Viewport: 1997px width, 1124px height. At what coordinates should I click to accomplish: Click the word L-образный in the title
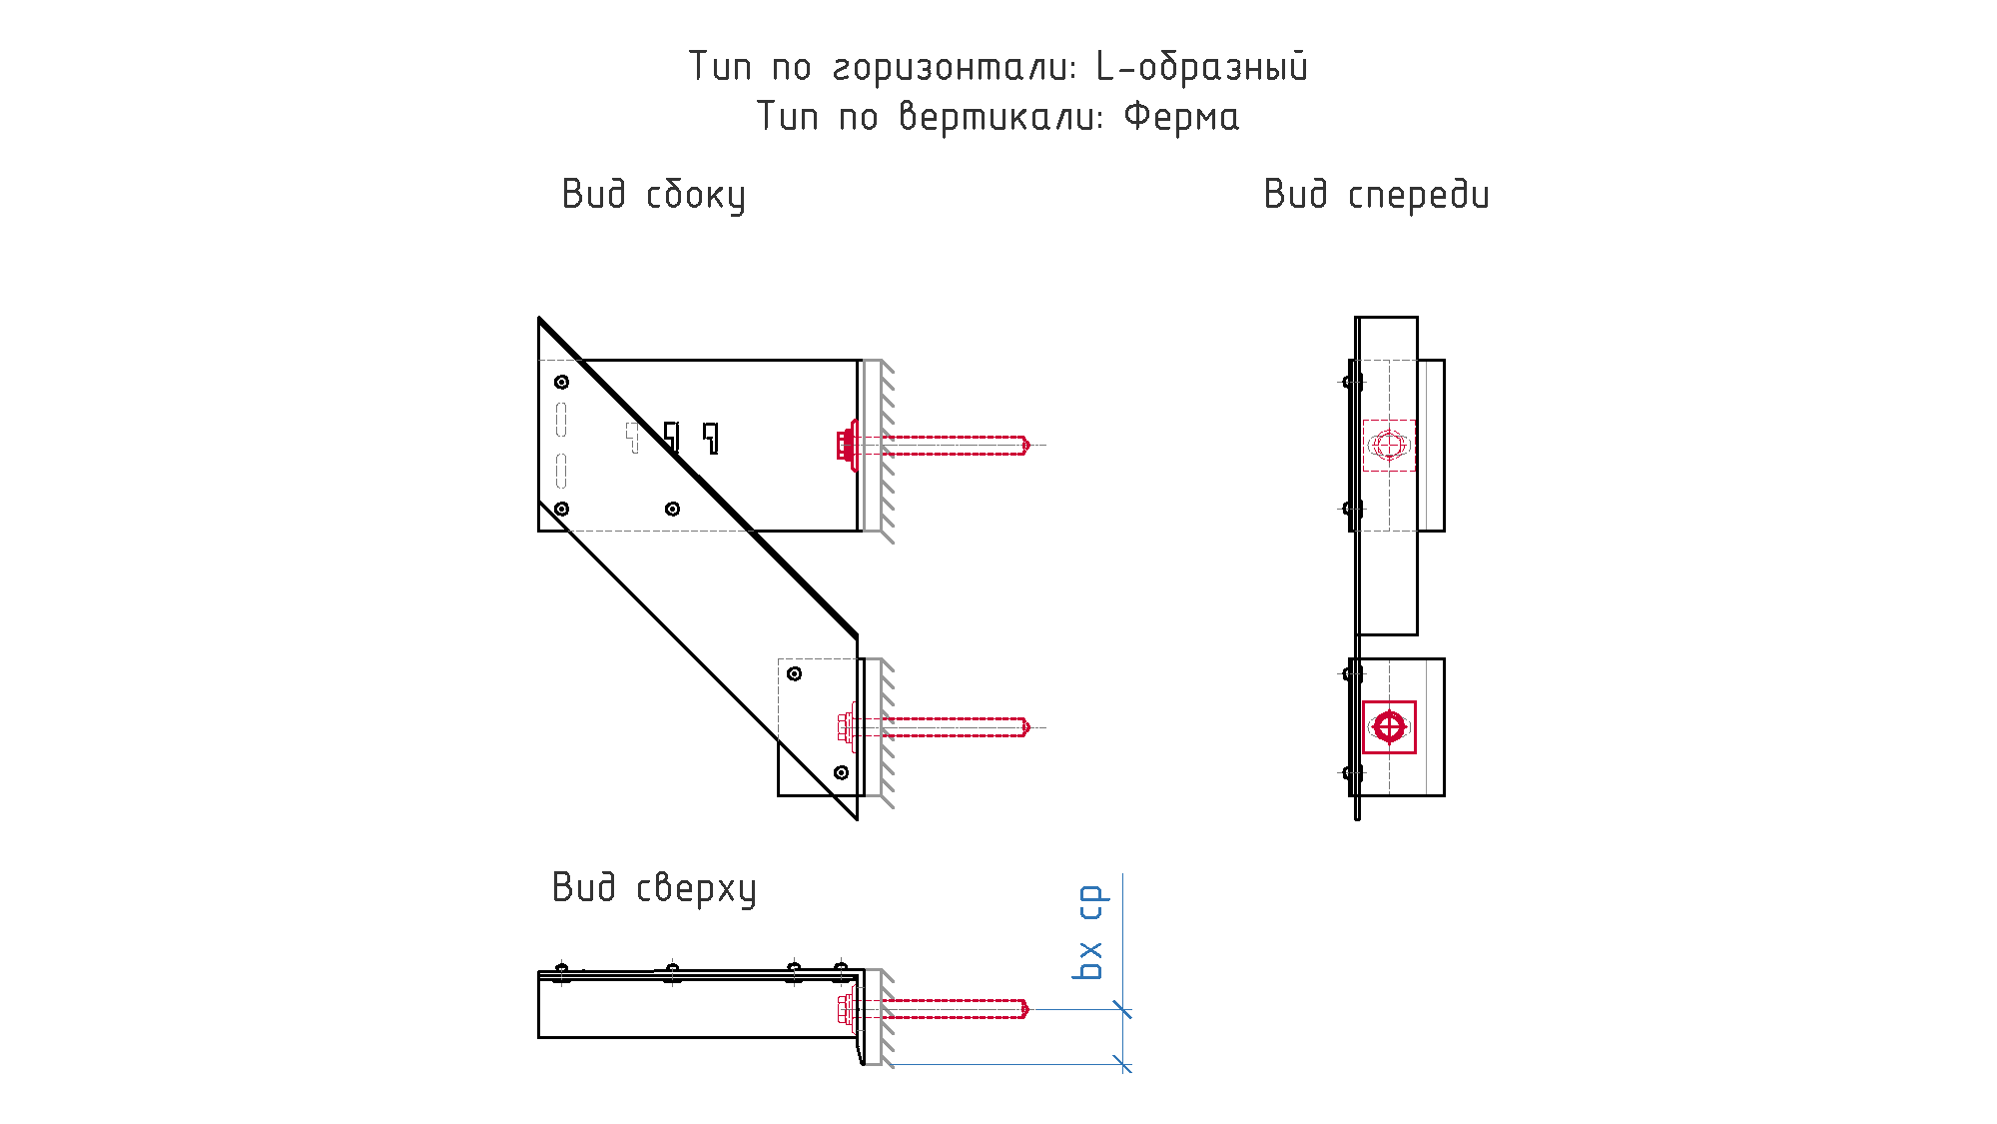coord(1202,67)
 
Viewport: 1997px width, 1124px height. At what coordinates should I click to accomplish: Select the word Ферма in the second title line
coord(1181,117)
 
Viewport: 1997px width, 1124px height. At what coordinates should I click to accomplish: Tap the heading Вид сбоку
coord(654,195)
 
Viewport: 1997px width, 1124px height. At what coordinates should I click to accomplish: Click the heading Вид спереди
coord(1377,195)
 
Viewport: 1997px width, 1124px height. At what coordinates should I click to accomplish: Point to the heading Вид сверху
coord(654,888)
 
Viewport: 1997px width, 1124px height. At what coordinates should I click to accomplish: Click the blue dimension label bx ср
coord(1089,932)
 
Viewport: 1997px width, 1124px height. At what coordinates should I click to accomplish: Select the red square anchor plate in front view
coord(1389,726)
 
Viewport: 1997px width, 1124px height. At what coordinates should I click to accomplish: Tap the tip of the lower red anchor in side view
coord(1028,727)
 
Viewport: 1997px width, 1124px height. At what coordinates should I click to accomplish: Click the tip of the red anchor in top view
coord(1028,1009)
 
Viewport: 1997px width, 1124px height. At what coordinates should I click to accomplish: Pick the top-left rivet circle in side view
coord(562,382)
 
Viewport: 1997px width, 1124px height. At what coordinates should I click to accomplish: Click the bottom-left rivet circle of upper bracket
coord(562,509)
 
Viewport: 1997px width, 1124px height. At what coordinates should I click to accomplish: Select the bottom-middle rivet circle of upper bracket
coord(673,509)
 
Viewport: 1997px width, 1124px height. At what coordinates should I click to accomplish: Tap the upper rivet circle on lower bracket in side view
coord(795,673)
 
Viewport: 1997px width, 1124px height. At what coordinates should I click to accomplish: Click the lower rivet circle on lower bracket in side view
coord(842,772)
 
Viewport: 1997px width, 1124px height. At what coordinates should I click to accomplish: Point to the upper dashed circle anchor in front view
coord(1389,445)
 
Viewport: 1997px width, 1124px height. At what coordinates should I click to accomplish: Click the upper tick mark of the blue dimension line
coord(1123,1009)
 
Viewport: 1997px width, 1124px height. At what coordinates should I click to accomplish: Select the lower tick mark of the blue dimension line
coord(1123,1064)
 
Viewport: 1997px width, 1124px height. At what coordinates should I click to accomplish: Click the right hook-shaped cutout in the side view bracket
coord(711,438)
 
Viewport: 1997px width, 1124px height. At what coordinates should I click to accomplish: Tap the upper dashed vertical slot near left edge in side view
coord(562,420)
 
